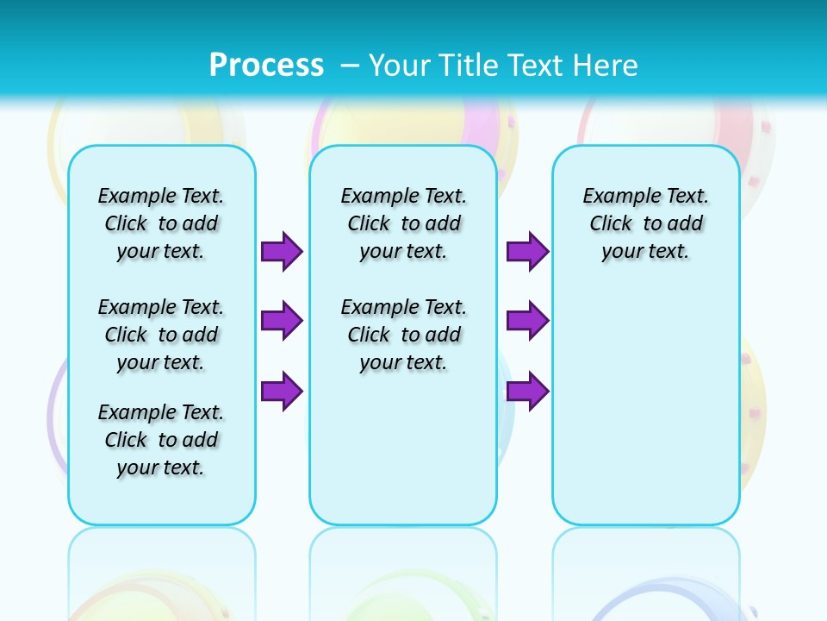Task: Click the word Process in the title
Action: (266, 65)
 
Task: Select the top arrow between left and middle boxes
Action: (282, 251)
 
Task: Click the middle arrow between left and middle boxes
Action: (282, 321)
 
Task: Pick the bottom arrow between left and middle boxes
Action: (282, 392)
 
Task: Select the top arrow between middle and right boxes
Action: (527, 251)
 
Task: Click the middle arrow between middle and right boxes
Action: (527, 321)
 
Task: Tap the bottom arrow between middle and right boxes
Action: (527, 392)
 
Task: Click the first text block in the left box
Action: (161, 223)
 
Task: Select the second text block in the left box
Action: (161, 335)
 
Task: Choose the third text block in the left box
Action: (161, 440)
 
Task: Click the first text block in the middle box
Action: (403, 223)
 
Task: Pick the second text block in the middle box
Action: (403, 335)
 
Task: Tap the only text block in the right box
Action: (645, 223)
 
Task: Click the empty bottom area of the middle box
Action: (403, 457)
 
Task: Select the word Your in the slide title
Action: (401, 65)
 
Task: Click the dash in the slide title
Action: (350, 65)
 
